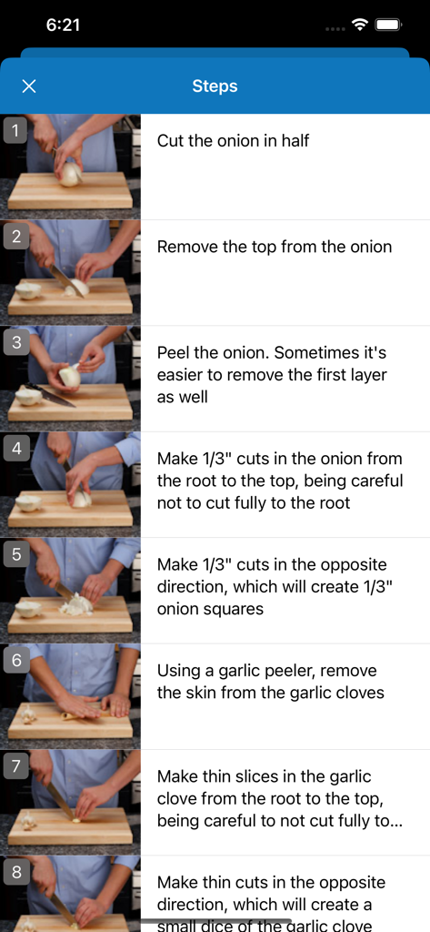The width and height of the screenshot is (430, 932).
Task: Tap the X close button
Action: coord(28,86)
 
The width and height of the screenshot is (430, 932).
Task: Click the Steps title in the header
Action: coord(215,86)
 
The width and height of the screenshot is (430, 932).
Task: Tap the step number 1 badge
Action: coord(15,131)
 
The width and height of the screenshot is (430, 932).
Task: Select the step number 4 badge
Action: coord(16,449)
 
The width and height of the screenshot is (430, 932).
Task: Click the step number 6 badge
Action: coord(16,661)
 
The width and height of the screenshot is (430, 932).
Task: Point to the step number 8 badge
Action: coord(16,872)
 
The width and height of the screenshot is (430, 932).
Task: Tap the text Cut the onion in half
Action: coord(233,141)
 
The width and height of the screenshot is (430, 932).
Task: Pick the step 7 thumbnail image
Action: coord(70,803)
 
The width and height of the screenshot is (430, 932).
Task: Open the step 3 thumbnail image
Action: coord(70,380)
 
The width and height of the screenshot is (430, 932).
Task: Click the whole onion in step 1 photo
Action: coord(70,174)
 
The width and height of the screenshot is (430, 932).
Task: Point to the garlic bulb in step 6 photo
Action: coord(27,714)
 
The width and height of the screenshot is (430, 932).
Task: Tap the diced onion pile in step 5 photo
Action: coord(76,605)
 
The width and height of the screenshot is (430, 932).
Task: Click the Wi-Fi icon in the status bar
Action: coord(359,25)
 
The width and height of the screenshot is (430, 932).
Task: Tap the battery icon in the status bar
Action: coord(389,25)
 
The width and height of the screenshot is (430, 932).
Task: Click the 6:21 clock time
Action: coord(63,25)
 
